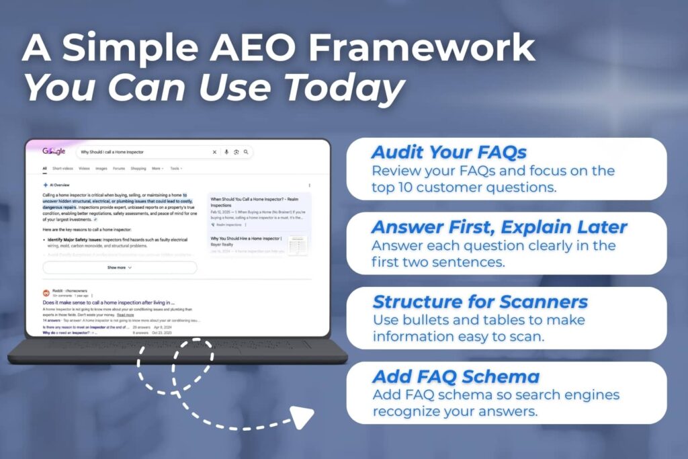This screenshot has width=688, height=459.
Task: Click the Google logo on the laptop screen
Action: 54,152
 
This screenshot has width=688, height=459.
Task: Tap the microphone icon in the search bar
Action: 226,152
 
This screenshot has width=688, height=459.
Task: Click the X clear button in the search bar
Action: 214,152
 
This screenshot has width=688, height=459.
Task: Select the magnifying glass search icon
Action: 247,152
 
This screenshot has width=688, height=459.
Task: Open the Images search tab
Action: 101,169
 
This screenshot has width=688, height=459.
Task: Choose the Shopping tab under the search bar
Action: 138,169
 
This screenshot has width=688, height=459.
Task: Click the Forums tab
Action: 119,169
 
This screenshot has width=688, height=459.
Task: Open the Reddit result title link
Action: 108,302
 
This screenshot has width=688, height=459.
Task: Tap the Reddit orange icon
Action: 46,294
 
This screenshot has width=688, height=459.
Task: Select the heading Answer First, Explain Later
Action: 499,227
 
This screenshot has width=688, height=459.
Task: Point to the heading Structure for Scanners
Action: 480,302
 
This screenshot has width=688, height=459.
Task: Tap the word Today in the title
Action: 343,87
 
